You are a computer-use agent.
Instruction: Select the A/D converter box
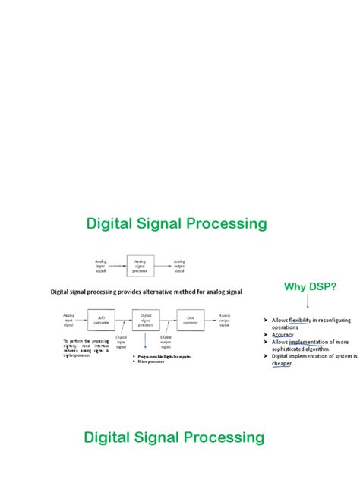[x=100, y=320]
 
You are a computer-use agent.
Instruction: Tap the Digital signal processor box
[x=145, y=320]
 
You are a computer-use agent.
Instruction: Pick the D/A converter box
[x=190, y=320]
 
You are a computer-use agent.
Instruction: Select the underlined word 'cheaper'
[x=282, y=363]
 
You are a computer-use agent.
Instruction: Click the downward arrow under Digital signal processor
[x=145, y=343]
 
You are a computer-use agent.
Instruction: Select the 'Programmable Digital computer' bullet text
[x=163, y=355]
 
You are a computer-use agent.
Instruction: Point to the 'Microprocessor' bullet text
[x=153, y=362]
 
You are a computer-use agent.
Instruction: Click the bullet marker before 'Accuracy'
[x=268, y=335]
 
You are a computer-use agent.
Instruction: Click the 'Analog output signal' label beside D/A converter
[x=225, y=319]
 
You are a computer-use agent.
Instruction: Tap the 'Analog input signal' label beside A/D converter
[x=69, y=319]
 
